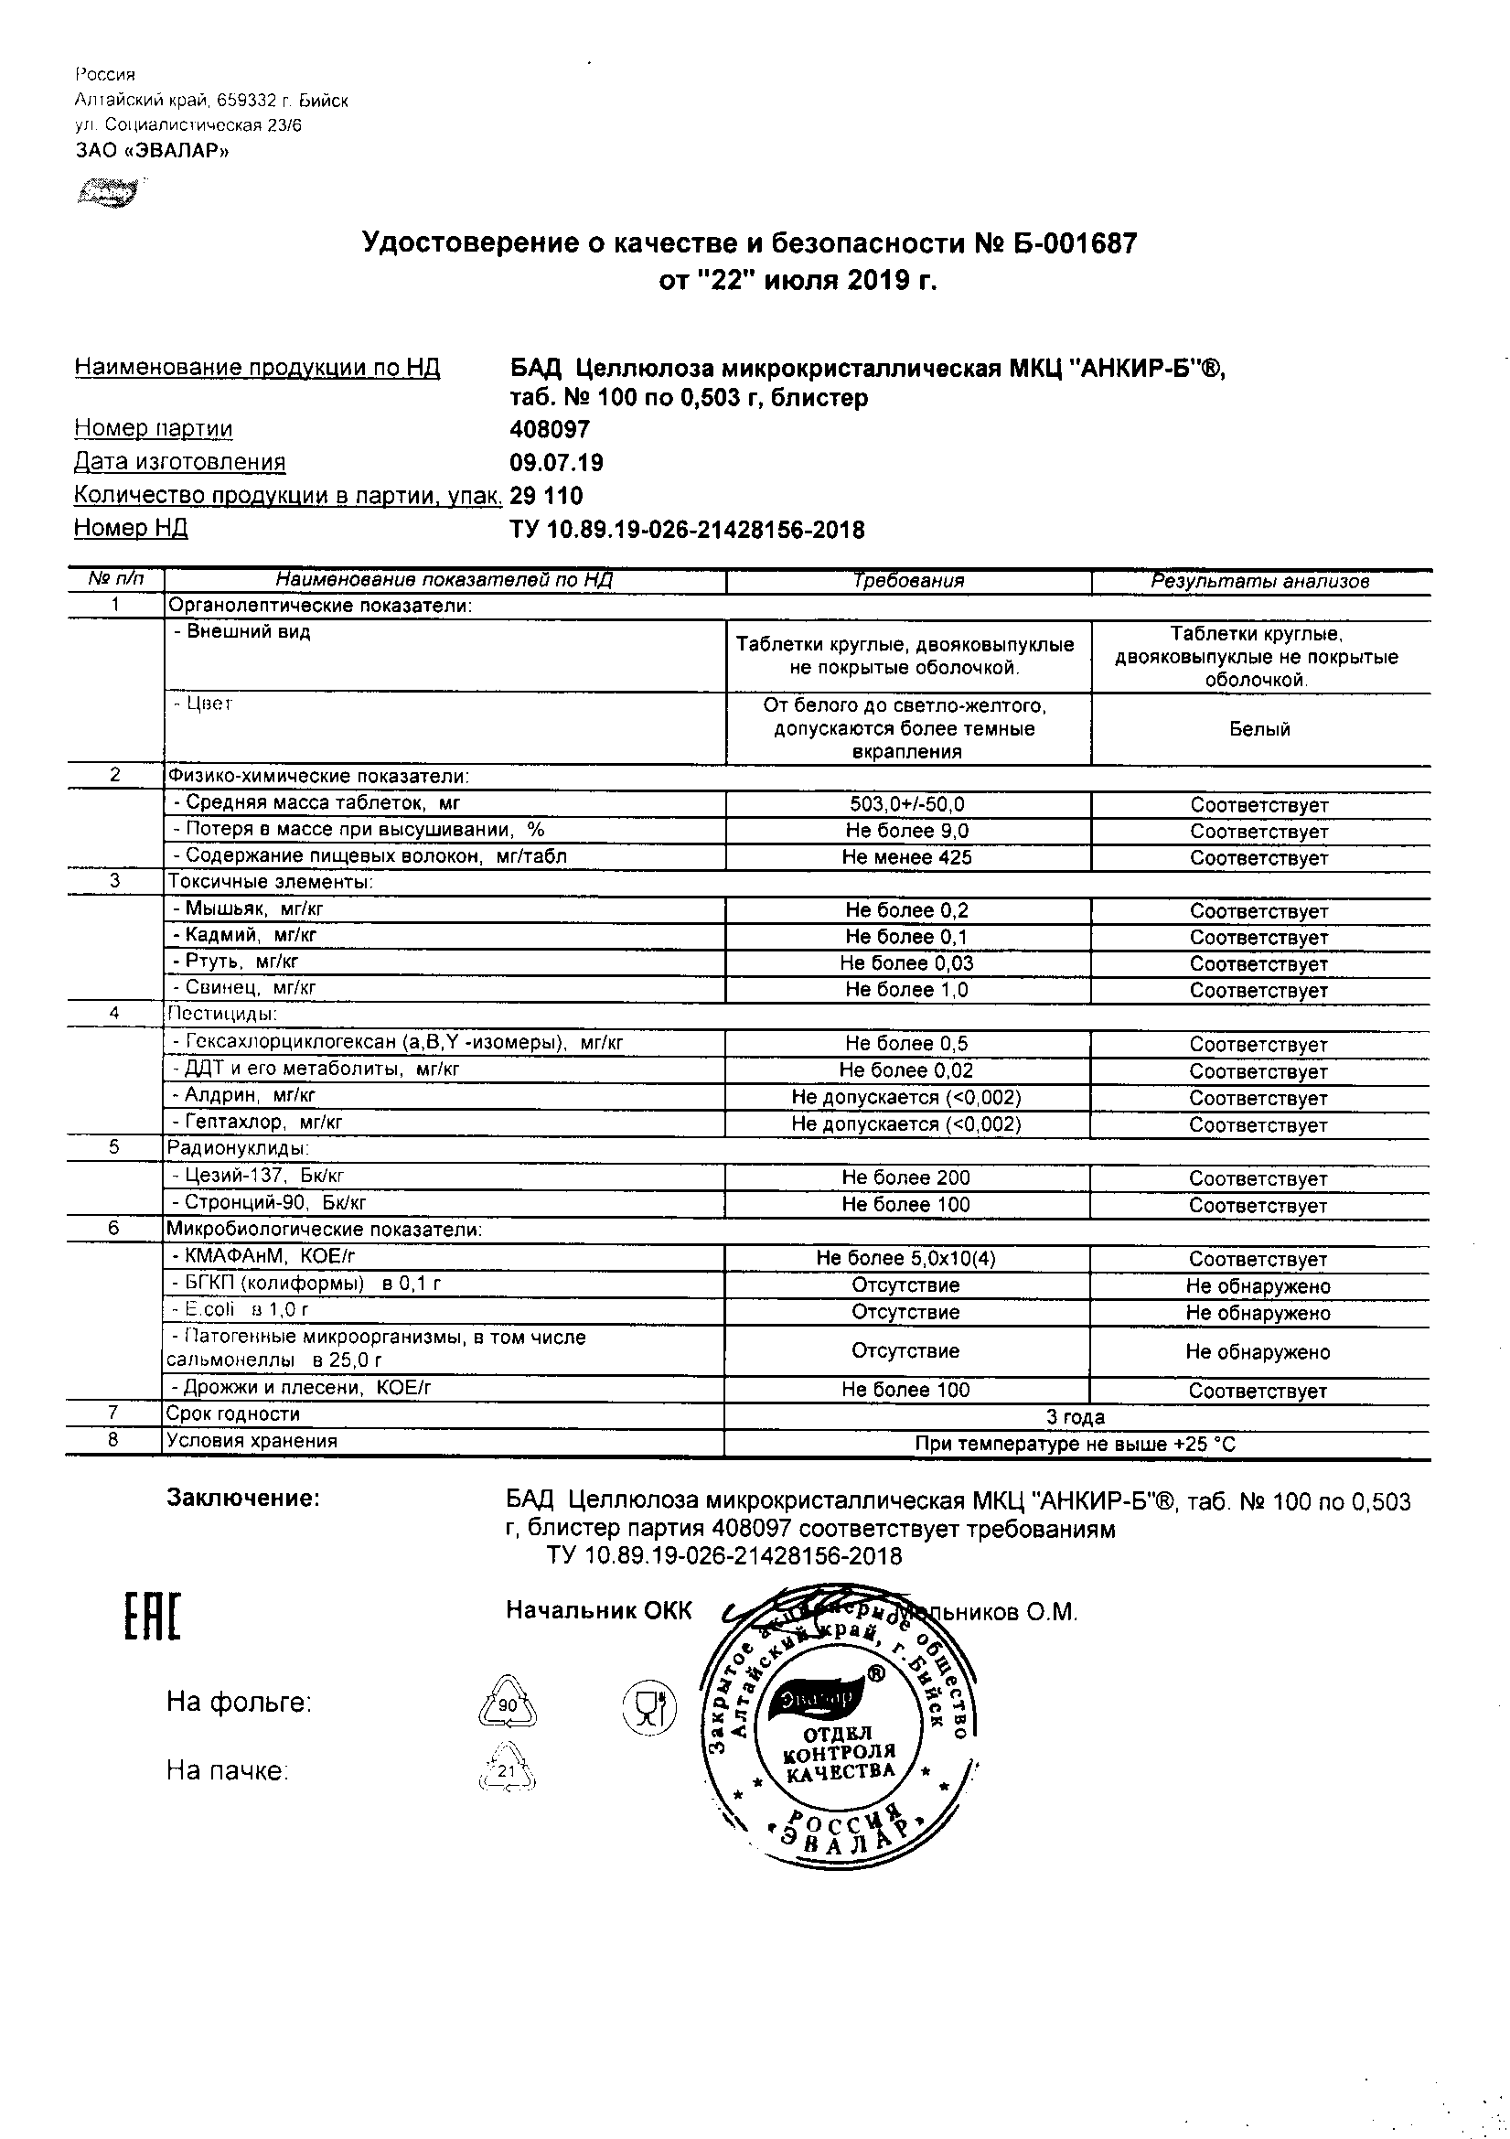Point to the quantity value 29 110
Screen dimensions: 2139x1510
tap(547, 497)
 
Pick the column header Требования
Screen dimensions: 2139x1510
tap(908, 581)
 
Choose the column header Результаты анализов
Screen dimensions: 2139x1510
tap(1259, 581)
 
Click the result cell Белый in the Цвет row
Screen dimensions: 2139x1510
tap(1259, 729)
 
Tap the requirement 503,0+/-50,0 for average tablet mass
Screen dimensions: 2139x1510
tap(907, 804)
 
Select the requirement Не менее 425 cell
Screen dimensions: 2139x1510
tap(906, 857)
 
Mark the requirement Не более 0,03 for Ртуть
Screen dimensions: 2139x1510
tap(906, 963)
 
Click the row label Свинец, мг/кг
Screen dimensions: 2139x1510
tap(246, 987)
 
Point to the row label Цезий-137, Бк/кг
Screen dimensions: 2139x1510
tap(264, 1176)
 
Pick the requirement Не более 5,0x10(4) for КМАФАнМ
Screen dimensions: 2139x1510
tap(905, 1259)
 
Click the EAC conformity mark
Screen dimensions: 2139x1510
tap(152, 1617)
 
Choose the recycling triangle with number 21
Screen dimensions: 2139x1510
tap(508, 1771)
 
